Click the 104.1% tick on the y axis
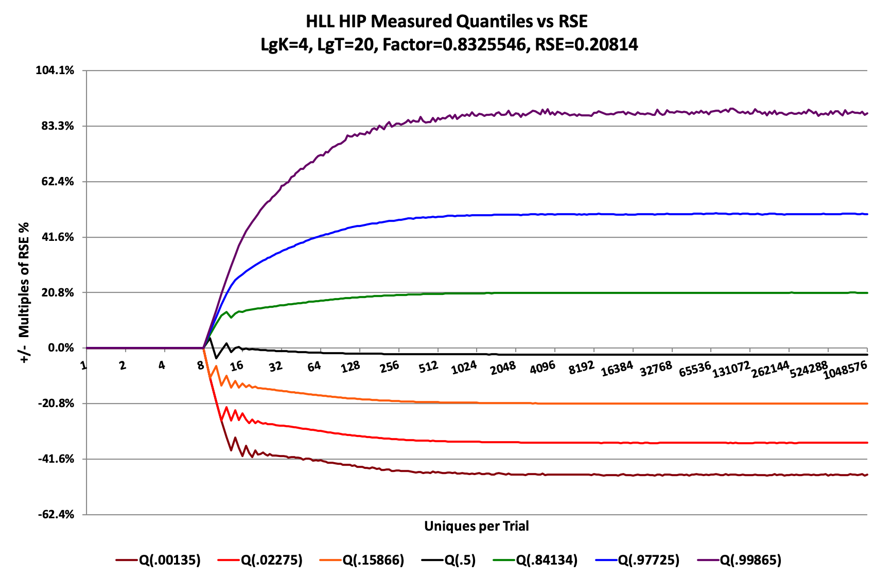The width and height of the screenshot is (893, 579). click(55, 71)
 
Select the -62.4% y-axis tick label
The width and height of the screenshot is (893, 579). click(56, 515)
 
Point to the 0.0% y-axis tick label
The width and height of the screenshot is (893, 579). click(61, 348)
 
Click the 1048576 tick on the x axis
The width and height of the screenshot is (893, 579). click(845, 370)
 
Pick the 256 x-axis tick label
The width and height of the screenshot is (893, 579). click(389, 366)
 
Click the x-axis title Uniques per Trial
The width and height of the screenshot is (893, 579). click(476, 526)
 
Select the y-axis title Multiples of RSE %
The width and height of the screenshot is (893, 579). click(24, 292)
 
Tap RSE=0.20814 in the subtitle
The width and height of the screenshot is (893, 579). click(586, 45)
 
